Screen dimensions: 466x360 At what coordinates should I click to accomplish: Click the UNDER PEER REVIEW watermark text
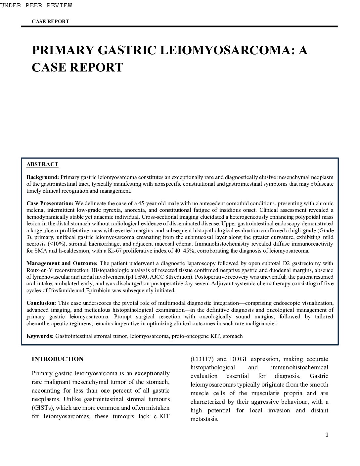point(36,5)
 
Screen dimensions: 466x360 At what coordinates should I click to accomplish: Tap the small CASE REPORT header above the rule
point(50,22)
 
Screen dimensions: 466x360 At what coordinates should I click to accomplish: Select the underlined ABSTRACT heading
point(42,164)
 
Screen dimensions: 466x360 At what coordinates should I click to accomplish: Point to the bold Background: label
point(43,177)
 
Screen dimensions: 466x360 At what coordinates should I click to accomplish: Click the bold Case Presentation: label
point(50,204)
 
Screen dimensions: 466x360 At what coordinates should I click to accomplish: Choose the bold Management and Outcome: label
point(62,263)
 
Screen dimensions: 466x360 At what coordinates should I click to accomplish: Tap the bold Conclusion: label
point(41,303)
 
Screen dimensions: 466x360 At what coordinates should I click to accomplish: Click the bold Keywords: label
point(40,336)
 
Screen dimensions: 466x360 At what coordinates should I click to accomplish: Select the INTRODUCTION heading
point(58,359)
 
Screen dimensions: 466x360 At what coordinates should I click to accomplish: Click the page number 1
point(327,435)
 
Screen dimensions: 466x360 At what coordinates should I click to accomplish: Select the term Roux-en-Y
point(38,270)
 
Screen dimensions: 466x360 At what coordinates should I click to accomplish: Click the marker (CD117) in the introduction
point(202,359)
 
